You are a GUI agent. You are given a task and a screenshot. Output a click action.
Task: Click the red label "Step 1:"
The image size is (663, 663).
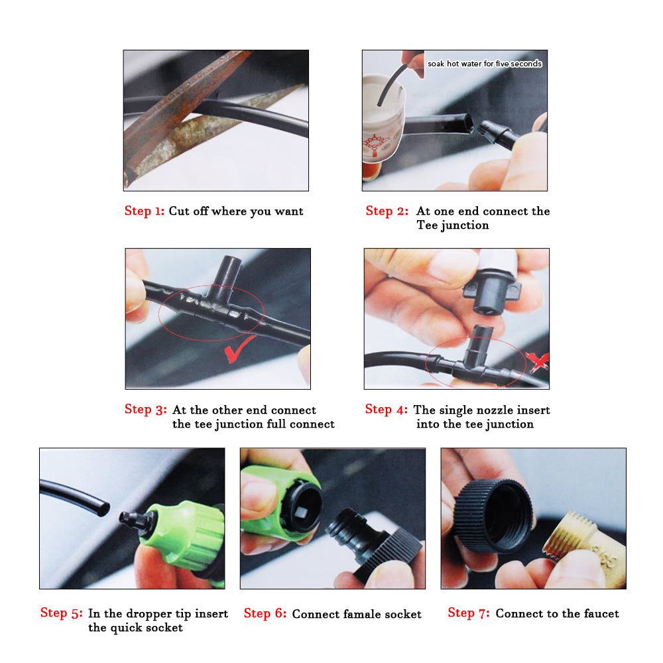(144, 211)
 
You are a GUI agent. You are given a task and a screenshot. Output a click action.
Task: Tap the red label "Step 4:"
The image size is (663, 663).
(386, 409)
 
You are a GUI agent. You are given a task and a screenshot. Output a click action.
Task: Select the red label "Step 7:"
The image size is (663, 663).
(469, 613)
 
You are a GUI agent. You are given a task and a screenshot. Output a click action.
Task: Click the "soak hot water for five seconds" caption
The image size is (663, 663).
(485, 64)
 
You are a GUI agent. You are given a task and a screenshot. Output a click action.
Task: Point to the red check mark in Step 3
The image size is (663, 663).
(240, 349)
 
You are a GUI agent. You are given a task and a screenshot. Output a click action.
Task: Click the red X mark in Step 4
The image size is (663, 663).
(538, 361)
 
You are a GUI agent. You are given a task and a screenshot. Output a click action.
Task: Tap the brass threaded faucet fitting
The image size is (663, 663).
(585, 550)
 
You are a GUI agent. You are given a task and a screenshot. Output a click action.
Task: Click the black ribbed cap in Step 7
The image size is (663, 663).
(493, 515)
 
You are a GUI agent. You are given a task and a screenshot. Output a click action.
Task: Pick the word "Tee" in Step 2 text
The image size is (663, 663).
(427, 225)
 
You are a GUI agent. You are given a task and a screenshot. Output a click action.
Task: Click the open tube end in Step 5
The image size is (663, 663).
(103, 509)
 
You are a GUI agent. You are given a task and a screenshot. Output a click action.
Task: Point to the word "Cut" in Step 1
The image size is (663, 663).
(178, 211)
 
